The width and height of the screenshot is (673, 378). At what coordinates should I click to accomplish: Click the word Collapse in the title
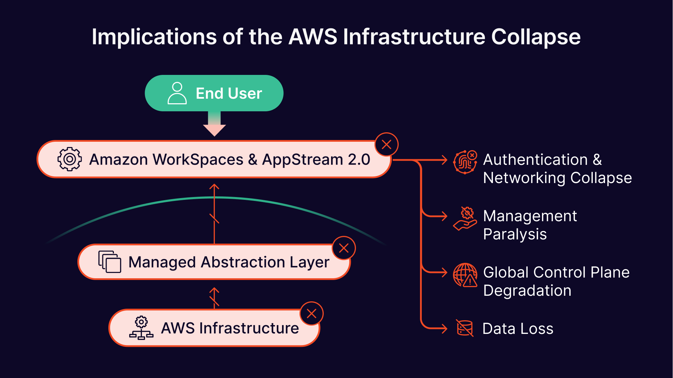coord(536,37)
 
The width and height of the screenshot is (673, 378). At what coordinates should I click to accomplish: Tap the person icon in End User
coord(177,93)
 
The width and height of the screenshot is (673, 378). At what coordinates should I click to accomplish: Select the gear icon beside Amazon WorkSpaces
coord(70,159)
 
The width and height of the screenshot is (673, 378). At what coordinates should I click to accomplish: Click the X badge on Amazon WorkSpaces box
coord(386,144)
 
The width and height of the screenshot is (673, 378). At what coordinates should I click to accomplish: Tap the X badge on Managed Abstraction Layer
coord(344,248)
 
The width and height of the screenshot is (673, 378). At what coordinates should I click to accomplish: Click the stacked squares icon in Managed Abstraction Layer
coord(110,261)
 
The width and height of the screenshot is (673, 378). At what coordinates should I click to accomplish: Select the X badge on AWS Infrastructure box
coord(311,313)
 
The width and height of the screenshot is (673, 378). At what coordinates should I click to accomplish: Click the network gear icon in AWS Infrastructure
coord(141,328)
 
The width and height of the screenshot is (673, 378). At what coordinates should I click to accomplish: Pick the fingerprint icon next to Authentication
coord(465,162)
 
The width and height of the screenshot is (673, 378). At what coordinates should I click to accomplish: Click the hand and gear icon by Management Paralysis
coord(465,218)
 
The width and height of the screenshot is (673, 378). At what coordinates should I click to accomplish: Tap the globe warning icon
coord(465,275)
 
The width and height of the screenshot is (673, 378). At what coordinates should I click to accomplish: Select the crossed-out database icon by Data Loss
coord(465,328)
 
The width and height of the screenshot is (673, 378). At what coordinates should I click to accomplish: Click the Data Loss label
coord(518,329)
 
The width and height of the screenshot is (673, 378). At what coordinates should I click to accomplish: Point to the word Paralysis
coord(515,234)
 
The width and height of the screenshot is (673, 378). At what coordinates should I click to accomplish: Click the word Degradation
coord(527,291)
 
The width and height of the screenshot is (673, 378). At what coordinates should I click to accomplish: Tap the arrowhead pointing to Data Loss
coord(444,328)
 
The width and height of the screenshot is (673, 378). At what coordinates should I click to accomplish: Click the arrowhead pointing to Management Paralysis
coord(444,216)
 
